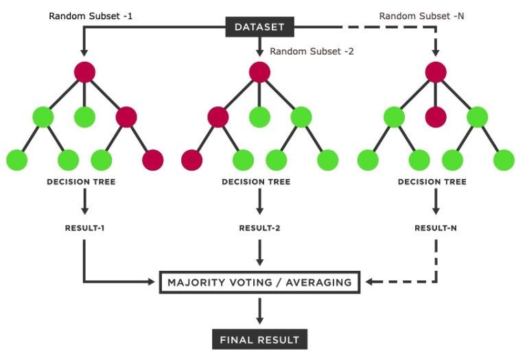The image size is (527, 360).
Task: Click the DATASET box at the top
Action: (x=259, y=27)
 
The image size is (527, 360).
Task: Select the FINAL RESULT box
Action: (x=259, y=339)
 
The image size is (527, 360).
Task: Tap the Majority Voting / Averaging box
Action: (x=259, y=282)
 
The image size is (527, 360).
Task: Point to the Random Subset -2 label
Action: (x=312, y=51)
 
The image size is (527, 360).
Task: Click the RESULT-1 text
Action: (x=84, y=227)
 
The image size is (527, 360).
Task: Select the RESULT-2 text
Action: (x=259, y=227)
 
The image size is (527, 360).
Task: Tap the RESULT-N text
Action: (x=436, y=227)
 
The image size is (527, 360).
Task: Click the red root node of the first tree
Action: (x=84, y=71)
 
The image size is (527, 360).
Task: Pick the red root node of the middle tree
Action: (x=259, y=71)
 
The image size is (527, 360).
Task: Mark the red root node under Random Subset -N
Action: (x=436, y=71)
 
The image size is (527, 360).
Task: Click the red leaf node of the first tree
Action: (x=152, y=160)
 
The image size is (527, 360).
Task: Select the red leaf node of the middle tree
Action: (x=192, y=160)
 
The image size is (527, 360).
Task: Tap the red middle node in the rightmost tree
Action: (x=436, y=116)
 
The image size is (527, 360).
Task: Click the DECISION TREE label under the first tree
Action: (x=81, y=182)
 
